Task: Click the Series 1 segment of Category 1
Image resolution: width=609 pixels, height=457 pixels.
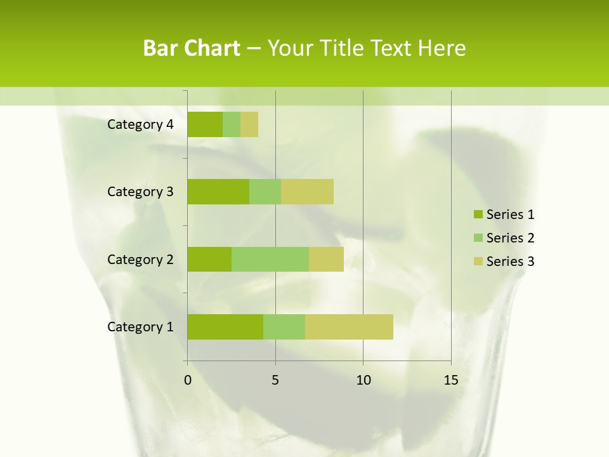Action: [225, 327]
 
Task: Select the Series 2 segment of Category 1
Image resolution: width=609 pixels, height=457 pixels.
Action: [284, 327]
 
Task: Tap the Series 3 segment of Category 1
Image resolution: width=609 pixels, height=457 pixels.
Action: [349, 327]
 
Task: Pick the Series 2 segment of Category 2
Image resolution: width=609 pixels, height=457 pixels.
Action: [270, 259]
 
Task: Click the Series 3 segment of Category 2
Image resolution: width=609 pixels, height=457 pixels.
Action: [326, 259]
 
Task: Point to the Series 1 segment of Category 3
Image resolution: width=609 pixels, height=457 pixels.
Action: [218, 192]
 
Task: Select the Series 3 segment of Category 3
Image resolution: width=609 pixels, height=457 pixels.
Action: [307, 192]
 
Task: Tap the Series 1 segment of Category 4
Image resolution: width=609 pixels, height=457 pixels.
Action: [205, 124]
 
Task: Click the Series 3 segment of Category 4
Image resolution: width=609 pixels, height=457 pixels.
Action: [249, 124]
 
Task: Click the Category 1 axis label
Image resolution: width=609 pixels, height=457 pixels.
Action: [140, 327]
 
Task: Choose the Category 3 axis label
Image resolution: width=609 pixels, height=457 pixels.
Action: [140, 192]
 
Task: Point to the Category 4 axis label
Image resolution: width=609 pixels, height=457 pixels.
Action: [140, 124]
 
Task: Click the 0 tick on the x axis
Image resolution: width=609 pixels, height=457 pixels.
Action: [188, 380]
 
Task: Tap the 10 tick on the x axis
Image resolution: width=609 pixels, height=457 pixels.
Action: [363, 380]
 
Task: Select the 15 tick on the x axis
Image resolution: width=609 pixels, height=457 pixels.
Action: [451, 380]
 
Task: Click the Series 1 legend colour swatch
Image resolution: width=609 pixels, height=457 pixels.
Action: [478, 215]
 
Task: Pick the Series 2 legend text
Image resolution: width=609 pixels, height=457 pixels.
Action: [510, 238]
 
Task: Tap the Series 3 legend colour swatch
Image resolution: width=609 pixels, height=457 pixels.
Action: [478, 262]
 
